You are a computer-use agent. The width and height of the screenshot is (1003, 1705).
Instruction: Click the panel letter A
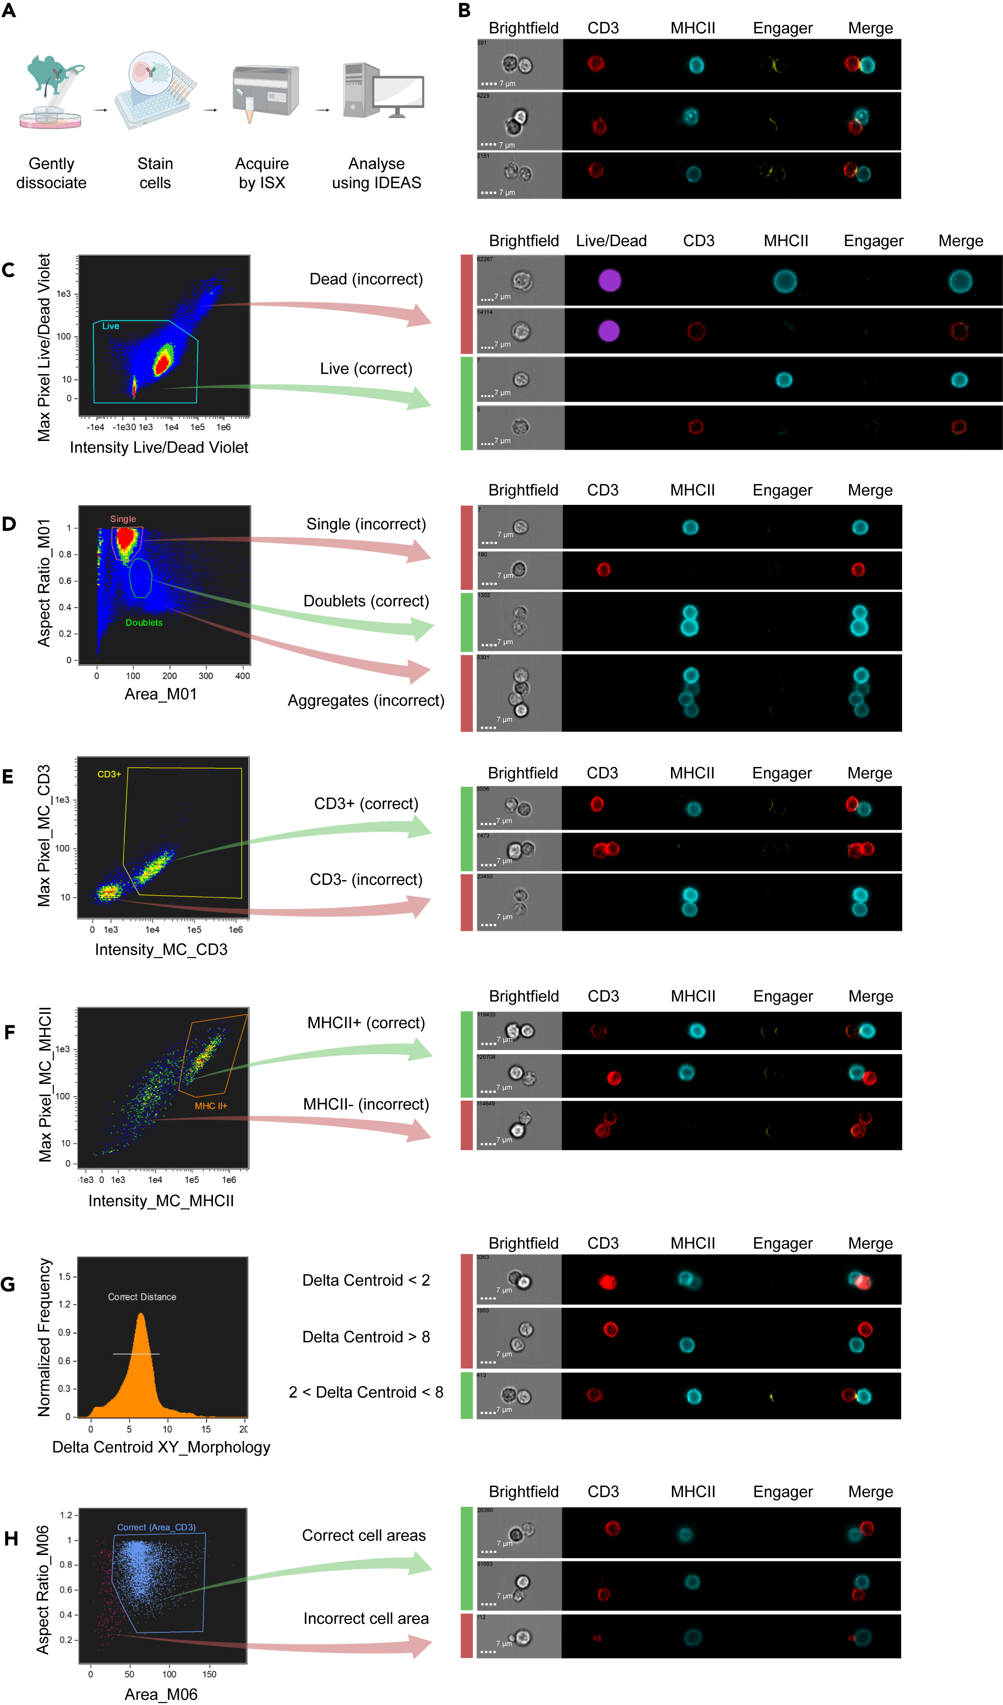(x=9, y=12)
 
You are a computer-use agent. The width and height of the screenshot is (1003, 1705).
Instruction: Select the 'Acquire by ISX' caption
(x=262, y=173)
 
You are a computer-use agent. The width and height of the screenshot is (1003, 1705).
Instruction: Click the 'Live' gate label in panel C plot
(x=110, y=326)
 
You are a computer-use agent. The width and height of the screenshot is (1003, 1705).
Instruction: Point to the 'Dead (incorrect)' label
(x=366, y=279)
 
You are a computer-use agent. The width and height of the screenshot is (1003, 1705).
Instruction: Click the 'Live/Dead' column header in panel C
(x=611, y=241)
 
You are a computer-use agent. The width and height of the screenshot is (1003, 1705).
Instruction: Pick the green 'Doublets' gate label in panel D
(x=143, y=622)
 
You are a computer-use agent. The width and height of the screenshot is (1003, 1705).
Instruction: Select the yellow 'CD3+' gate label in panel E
(x=109, y=774)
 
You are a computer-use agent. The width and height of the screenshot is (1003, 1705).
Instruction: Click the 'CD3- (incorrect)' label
(x=366, y=879)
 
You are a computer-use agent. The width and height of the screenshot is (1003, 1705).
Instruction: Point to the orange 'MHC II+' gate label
(x=211, y=1105)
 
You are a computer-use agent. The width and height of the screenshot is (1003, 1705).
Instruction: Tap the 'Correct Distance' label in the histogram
(x=142, y=1297)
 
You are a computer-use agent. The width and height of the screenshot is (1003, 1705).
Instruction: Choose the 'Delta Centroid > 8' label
(x=366, y=1337)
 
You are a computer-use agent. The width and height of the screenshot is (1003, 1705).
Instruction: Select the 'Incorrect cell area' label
(x=366, y=1618)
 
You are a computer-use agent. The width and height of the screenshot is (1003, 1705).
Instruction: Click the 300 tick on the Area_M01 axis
(x=206, y=676)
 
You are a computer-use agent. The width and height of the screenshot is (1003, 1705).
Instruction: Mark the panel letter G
(x=8, y=1284)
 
